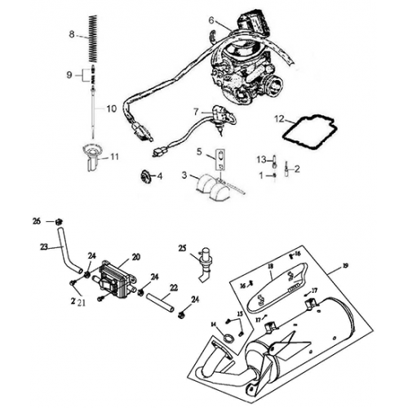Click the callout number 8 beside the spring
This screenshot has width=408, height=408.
[72, 34]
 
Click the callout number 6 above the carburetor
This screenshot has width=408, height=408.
[211, 20]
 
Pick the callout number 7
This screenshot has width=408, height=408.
[196, 111]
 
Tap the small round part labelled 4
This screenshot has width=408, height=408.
[146, 175]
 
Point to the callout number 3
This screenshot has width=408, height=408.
[184, 175]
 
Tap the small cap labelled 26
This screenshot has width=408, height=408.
[60, 221]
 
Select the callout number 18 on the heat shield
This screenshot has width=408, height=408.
[269, 266]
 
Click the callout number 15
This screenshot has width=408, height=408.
[240, 314]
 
